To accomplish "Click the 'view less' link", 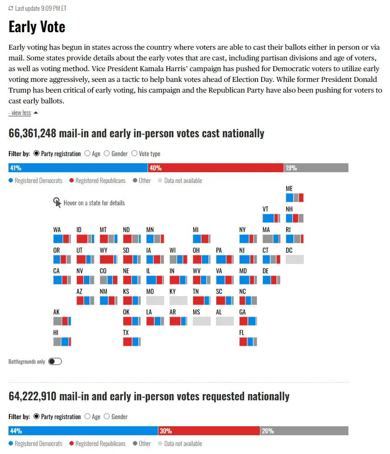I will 20,113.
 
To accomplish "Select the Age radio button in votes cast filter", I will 88,153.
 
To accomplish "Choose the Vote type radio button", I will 135,153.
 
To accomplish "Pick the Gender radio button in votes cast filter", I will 107,153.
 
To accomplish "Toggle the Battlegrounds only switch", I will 55,361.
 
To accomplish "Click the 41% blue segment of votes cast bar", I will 78,168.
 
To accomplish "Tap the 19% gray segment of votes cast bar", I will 316,168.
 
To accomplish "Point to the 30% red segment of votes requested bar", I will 209,431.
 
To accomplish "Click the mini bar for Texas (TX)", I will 132,342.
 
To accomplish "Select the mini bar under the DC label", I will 295,259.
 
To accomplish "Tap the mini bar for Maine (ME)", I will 295,197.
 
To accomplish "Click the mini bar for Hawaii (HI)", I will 62,342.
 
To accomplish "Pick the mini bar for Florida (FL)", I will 248,342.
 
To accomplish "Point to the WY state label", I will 103,250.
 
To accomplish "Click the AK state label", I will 56,312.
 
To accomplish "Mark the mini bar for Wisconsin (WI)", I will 178,259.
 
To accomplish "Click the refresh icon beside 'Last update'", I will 11,8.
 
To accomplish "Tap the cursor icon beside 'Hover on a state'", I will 57,203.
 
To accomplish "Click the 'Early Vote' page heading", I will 37,27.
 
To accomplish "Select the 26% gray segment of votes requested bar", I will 304,431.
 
